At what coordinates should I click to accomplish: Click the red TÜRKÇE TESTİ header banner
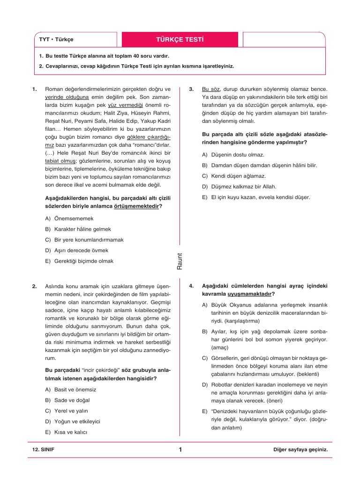pyautogui.click(x=180, y=39)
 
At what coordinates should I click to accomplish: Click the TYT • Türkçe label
pyautogui.click(x=56, y=40)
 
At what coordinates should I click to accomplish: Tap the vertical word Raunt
pyautogui.click(x=180, y=261)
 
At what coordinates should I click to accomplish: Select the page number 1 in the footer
pyautogui.click(x=180, y=450)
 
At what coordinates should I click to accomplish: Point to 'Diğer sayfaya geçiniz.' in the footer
pyautogui.click(x=300, y=450)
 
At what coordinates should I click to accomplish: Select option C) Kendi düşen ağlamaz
pyautogui.click(x=233, y=176)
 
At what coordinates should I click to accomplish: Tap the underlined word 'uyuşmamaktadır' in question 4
pyautogui.click(x=249, y=294)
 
